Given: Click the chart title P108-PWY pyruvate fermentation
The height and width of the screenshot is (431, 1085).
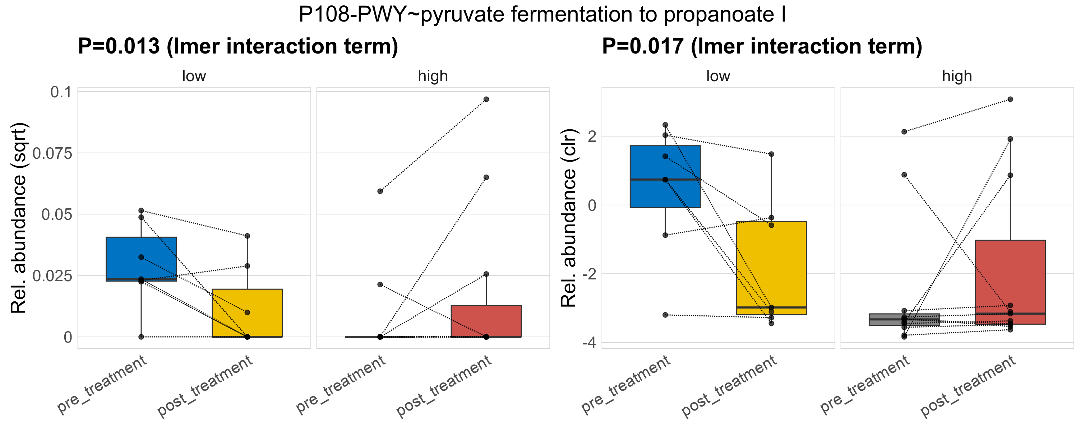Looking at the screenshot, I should [x=542, y=15].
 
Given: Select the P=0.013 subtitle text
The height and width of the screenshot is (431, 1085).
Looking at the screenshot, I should [x=238, y=46].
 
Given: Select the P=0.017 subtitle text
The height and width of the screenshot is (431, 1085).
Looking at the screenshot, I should [x=762, y=46].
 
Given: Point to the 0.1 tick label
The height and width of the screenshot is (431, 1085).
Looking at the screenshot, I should [x=61, y=92].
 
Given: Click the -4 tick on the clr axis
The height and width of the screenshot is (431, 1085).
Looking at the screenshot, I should [x=589, y=343].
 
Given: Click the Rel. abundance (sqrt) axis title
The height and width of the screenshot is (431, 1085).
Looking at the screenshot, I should [x=19, y=218].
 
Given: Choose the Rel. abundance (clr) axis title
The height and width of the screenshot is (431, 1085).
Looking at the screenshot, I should [x=569, y=218].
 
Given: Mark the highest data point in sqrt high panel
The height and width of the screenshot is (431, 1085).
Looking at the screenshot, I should [x=486, y=99].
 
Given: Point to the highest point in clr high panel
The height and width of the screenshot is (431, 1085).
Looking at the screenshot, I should [x=1010, y=99].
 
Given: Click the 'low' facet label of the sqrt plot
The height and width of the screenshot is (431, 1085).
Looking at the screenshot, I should [x=194, y=76].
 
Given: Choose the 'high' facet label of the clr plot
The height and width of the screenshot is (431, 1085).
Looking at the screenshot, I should [x=957, y=76].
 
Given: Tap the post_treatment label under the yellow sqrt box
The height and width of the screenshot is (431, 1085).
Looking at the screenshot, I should [x=206, y=386].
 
